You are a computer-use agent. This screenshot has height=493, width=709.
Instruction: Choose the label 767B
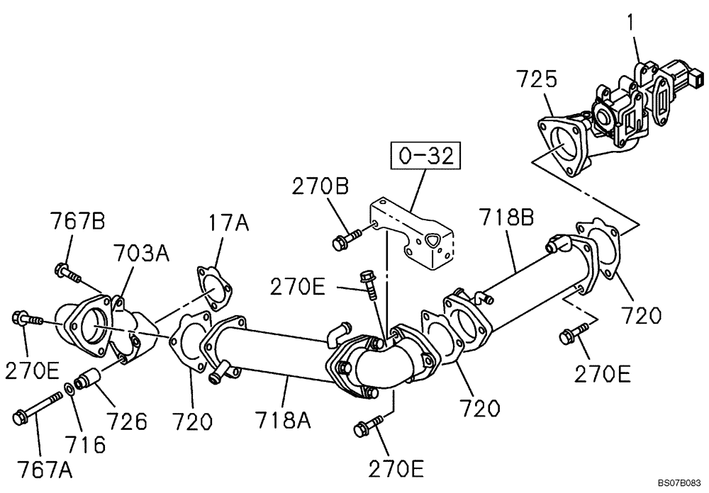click(x=77, y=222)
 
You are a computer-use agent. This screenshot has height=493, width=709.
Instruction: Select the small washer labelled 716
click(x=69, y=387)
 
